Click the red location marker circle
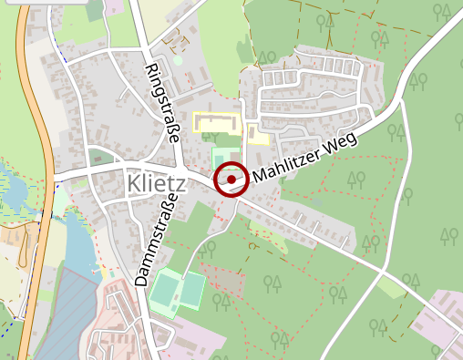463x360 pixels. coord(231,180)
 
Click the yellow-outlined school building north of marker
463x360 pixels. coord(216,123)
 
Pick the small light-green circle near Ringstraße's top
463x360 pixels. coord(178,60)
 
